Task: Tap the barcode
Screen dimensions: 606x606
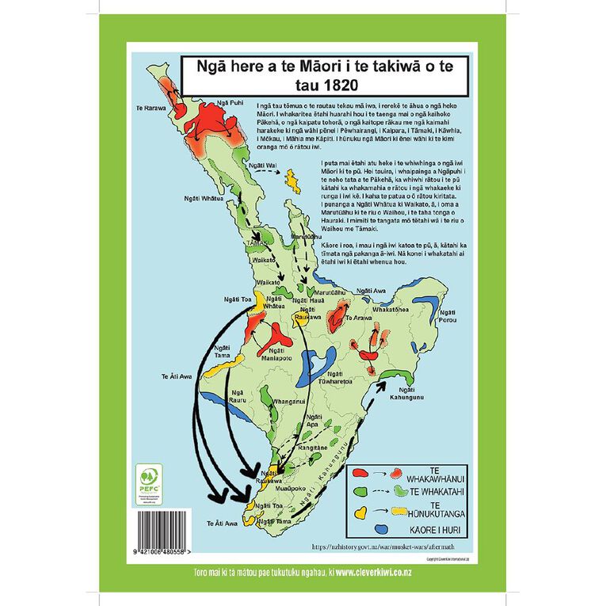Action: tap(163, 528)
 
